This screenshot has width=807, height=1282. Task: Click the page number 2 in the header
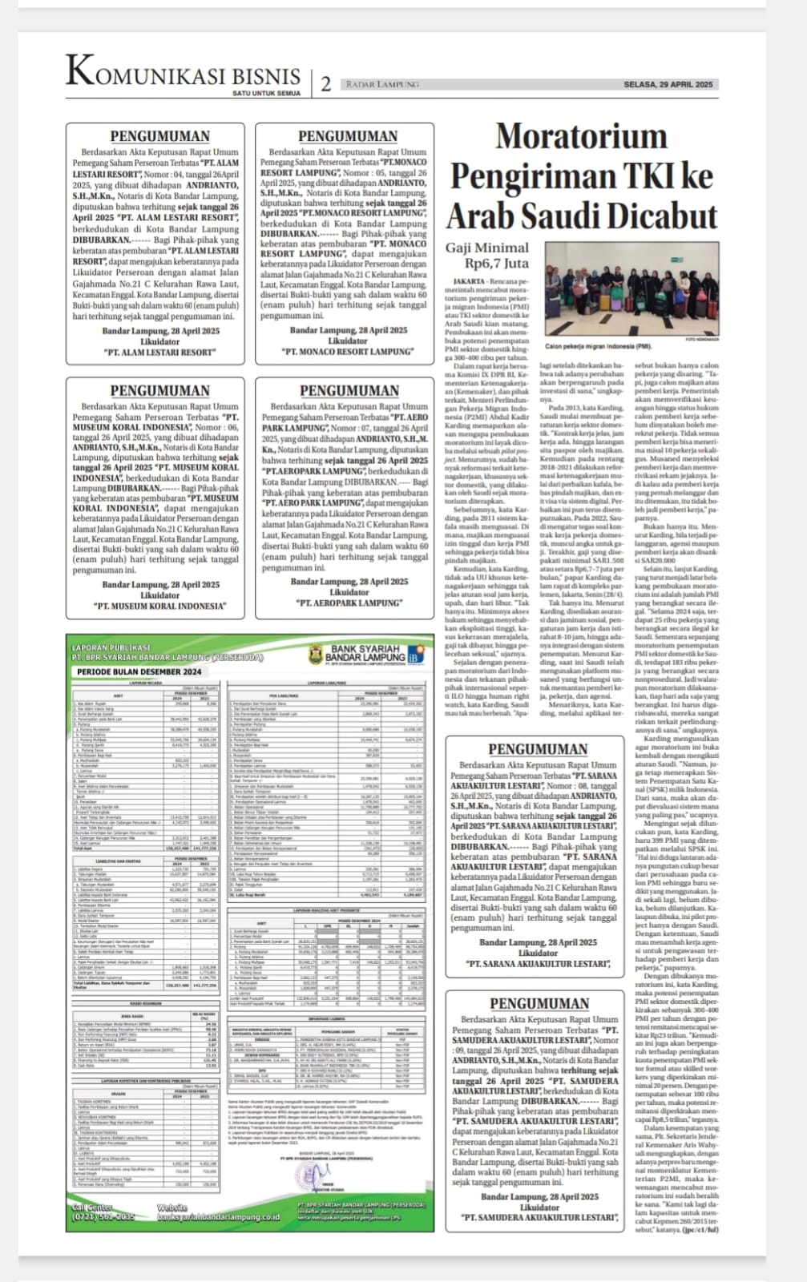[x=325, y=84]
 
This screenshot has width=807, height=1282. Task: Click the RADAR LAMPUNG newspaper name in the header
[x=382, y=84]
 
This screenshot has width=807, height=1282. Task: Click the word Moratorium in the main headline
[x=581, y=135]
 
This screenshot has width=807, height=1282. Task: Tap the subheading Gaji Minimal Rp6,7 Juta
[x=488, y=255]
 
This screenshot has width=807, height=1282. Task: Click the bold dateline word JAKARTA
[x=469, y=282]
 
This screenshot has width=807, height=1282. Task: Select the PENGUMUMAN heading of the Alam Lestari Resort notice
[x=159, y=136]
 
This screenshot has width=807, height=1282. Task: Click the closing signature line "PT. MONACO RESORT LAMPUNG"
[x=347, y=351]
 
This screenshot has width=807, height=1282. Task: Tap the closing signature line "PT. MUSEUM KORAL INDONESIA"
[x=159, y=606]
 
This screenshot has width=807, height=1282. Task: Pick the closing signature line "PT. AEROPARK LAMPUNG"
[x=349, y=603]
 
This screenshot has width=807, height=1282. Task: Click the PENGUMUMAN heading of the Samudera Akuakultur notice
[x=539, y=1003]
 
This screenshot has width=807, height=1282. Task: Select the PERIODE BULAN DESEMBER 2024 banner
[x=139, y=671]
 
